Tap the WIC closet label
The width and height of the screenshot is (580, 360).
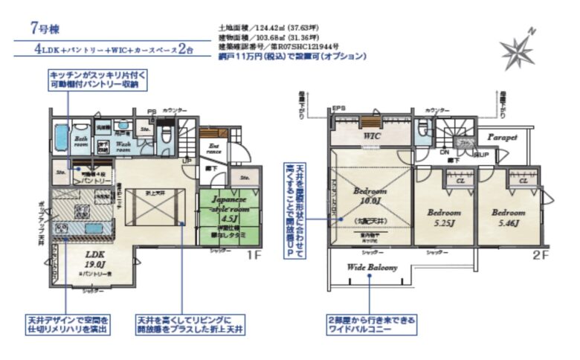pyautogui.click(x=372, y=137)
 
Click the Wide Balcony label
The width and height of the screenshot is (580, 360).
pyautogui.click(x=372, y=267)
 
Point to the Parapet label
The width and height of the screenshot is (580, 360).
pyautogui.click(x=503, y=138)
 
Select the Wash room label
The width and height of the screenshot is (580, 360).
pyautogui.click(x=124, y=146)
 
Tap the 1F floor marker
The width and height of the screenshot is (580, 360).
pyautogui.click(x=255, y=255)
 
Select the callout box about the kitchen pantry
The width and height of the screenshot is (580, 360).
pyautogui.click(x=100, y=80)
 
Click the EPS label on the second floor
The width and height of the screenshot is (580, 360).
pyautogui.click(x=339, y=106)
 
